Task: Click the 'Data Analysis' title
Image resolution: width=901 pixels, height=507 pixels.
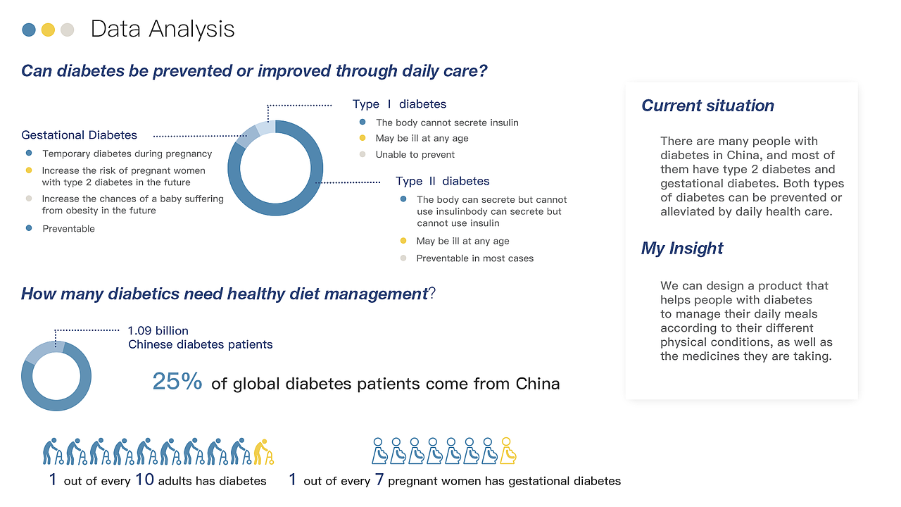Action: tap(163, 30)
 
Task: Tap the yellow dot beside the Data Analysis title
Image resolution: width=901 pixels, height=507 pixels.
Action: tap(48, 30)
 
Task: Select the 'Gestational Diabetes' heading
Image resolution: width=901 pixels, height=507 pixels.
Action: tap(80, 134)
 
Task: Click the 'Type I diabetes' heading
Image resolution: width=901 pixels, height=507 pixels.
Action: tap(399, 104)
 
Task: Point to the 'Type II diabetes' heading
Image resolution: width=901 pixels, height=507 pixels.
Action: tap(443, 181)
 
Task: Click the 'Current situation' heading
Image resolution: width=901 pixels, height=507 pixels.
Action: tap(707, 106)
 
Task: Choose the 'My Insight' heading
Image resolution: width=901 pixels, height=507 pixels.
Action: tap(682, 249)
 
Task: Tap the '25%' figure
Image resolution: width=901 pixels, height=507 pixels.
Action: tap(177, 381)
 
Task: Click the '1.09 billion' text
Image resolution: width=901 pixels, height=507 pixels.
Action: tap(158, 331)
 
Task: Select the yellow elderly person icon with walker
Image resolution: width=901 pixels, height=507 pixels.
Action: tap(264, 451)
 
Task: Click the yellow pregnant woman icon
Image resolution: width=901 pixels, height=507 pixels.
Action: tap(508, 451)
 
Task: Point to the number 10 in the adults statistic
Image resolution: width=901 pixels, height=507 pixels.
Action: tap(144, 480)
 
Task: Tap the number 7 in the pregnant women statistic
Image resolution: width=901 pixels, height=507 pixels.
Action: tap(379, 480)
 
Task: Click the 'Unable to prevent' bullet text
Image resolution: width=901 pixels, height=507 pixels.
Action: tap(415, 154)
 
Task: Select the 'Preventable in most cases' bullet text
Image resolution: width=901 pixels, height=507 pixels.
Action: tap(475, 258)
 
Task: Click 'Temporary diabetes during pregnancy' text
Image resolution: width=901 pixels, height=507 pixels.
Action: tap(127, 154)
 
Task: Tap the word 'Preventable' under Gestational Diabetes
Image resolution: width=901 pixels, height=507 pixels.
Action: tap(69, 229)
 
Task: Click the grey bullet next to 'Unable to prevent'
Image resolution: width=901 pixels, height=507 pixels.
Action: tap(363, 154)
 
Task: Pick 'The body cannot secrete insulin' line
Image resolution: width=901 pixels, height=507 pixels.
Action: tap(447, 123)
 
